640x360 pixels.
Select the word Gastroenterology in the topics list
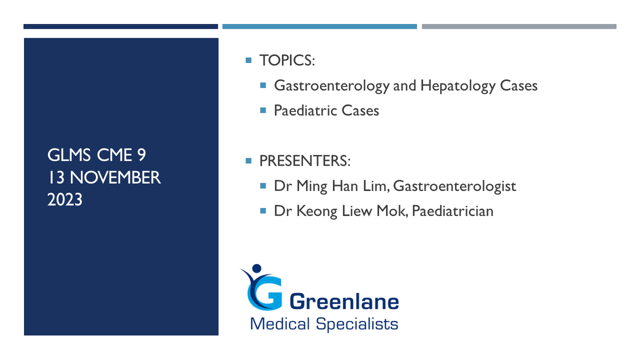click(332, 86)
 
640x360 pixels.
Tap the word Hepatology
click(458, 86)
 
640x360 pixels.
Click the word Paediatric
click(306, 110)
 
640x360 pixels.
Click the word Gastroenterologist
click(454, 187)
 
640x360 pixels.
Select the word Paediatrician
click(453, 211)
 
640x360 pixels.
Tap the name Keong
click(317, 212)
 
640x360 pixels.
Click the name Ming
click(311, 187)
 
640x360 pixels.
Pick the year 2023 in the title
click(65, 199)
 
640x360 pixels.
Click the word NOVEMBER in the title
click(115, 178)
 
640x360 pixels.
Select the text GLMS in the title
click(69, 155)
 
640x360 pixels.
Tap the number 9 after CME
click(141, 155)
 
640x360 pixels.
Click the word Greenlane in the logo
click(345, 301)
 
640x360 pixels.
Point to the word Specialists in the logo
click(357, 324)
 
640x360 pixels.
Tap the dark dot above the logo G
click(257, 268)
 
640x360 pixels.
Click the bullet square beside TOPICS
click(249, 60)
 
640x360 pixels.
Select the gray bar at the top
click(519, 27)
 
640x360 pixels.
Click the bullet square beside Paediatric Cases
click(263, 110)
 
